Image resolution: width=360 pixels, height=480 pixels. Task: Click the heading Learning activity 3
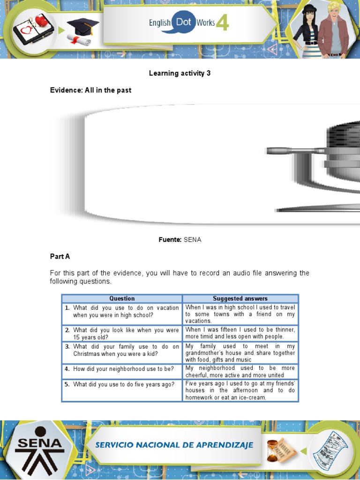(x=180, y=73)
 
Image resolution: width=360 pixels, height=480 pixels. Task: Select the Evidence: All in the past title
(x=90, y=90)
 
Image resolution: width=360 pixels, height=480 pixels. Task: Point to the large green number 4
(x=222, y=22)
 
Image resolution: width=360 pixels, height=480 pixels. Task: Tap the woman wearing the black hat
(x=309, y=30)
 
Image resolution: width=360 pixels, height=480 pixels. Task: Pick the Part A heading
(x=60, y=256)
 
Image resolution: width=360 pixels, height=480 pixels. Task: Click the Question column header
(x=122, y=299)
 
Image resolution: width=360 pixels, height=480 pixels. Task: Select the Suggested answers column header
(x=240, y=299)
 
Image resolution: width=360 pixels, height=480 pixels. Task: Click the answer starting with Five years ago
(x=240, y=390)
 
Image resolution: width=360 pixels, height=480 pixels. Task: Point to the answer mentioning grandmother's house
(x=240, y=352)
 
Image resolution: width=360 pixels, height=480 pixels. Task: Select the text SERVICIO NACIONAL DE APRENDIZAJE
(x=174, y=445)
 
